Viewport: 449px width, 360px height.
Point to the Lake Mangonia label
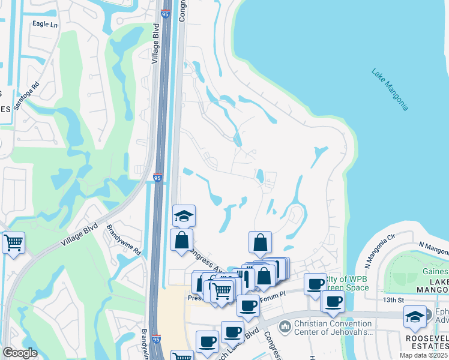tap(390, 89)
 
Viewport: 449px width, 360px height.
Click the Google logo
tap(20, 353)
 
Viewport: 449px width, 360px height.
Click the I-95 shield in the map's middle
tap(157, 178)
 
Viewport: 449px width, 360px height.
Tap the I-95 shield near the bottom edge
tap(156, 340)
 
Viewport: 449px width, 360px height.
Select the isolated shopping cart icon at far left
tap(13, 243)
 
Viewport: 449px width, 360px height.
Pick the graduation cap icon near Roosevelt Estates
tap(415, 316)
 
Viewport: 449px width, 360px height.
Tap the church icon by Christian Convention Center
tap(285, 327)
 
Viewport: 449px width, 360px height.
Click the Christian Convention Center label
tap(333, 327)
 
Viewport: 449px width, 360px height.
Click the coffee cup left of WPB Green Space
tap(315, 284)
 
